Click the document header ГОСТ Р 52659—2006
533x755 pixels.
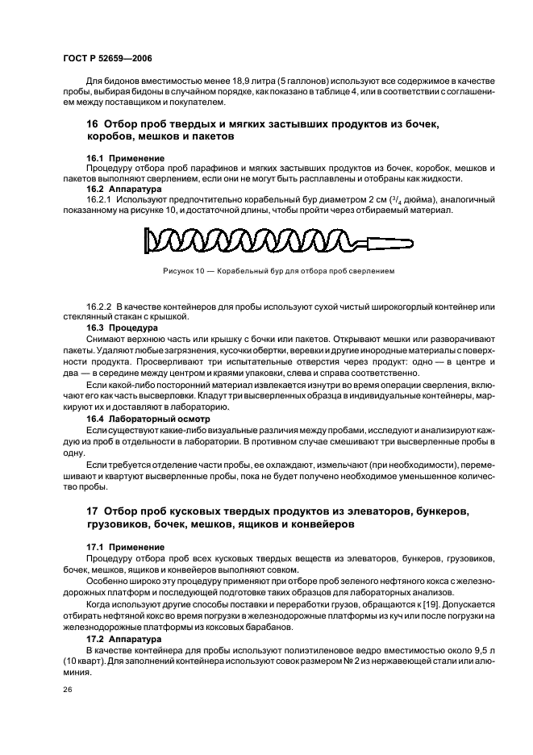coord(106,60)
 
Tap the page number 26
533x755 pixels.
coord(67,690)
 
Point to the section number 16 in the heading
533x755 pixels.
coord(92,125)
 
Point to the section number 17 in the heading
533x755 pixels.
coord(92,512)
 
